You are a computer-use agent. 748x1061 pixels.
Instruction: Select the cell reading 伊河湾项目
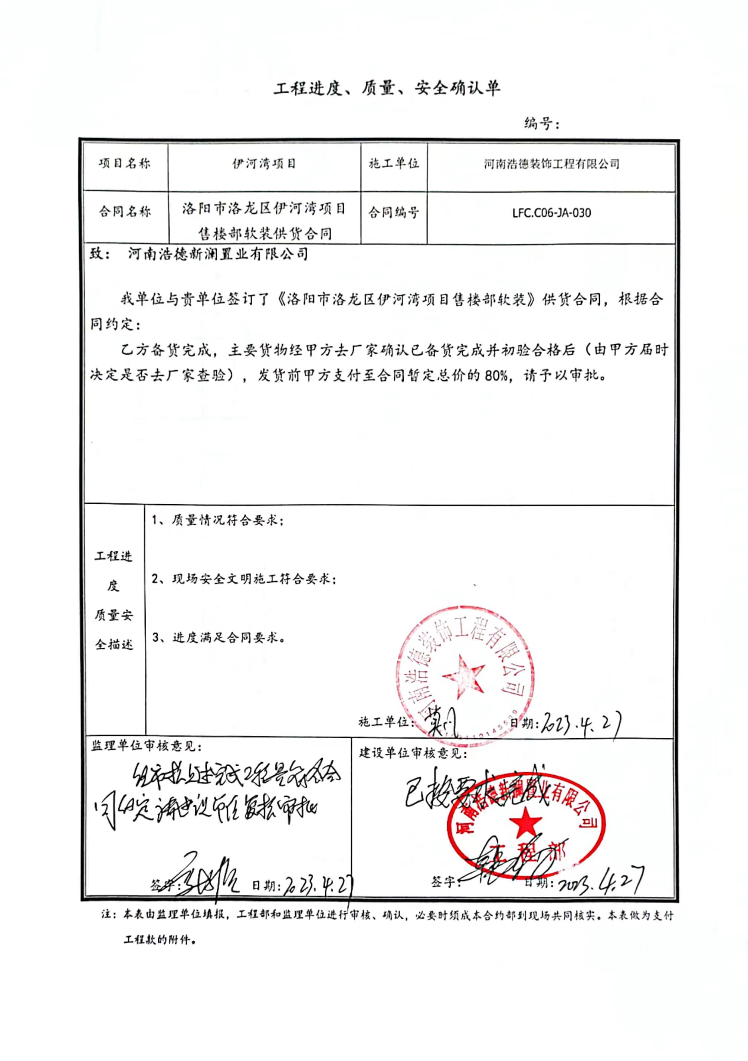pyautogui.click(x=264, y=164)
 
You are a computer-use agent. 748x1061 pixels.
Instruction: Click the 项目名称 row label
pyautogui.click(x=124, y=164)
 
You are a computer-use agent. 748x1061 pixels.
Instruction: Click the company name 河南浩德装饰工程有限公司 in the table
pyautogui.click(x=551, y=164)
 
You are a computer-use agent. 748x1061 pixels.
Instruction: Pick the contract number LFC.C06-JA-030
pyautogui.click(x=551, y=213)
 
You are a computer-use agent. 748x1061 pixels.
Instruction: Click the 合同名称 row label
pyautogui.click(x=124, y=212)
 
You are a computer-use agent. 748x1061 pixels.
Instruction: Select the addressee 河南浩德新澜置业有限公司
pyautogui.click(x=218, y=254)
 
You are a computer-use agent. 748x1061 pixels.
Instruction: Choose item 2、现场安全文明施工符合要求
pyautogui.click(x=244, y=579)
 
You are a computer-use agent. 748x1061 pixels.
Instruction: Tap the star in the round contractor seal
pyautogui.click(x=464, y=677)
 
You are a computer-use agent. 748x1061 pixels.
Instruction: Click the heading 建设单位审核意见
pyautogui.click(x=413, y=754)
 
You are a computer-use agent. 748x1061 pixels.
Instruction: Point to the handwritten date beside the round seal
pyautogui.click(x=581, y=725)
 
